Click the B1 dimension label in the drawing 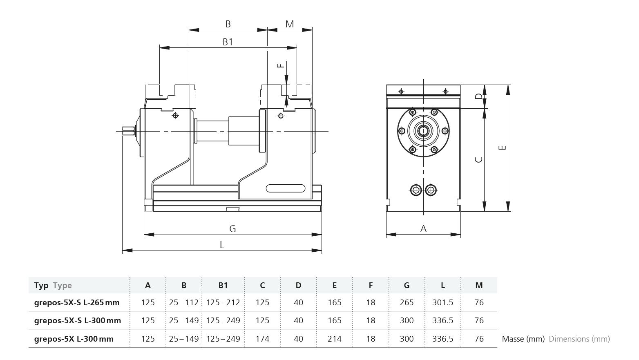228,42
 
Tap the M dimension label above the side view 290,24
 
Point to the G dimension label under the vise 232,229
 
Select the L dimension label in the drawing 222,245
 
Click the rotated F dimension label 281,65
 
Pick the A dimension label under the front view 423,229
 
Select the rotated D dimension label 479,96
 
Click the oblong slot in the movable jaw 286,188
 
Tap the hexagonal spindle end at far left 128,131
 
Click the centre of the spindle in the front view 423,131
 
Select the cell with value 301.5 443,302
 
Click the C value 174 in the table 262,339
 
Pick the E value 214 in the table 335,339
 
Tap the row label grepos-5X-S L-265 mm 77,302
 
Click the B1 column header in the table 223,285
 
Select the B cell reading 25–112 184,302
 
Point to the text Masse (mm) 523,339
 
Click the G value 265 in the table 407,302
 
